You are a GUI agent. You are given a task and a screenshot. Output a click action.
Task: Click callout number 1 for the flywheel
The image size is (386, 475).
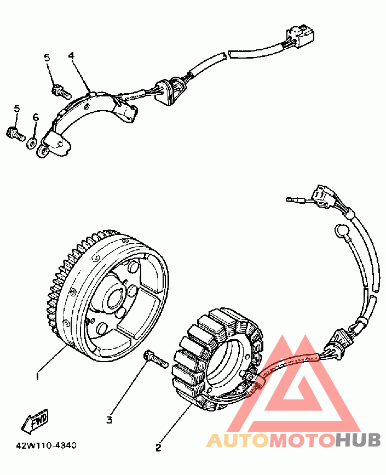[37, 376]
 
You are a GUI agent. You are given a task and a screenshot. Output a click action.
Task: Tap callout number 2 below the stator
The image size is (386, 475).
[158, 447]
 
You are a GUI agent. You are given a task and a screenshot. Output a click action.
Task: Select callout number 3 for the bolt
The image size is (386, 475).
[109, 420]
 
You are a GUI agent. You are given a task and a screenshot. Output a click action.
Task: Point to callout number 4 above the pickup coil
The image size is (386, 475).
[71, 56]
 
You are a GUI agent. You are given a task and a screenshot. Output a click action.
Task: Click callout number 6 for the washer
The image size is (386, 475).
[36, 117]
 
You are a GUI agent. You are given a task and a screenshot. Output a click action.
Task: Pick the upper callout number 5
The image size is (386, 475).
[47, 57]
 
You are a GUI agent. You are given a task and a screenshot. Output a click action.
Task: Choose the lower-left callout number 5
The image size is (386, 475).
[16, 109]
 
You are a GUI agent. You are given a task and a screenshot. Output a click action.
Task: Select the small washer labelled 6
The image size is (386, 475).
[32, 142]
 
